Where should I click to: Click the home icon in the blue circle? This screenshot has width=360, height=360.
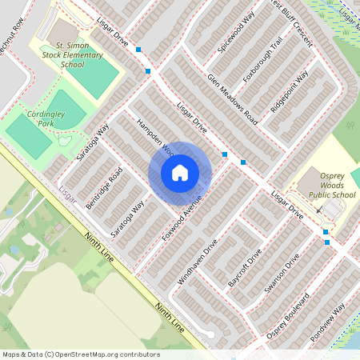coord(180,172)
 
